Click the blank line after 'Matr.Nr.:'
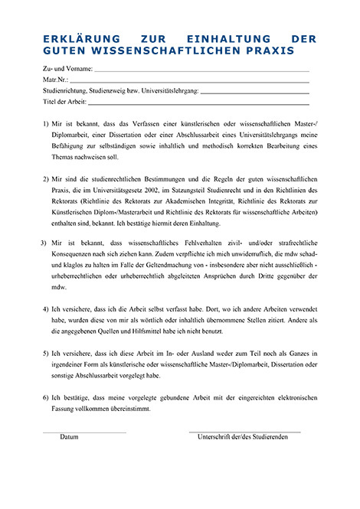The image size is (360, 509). [x=190, y=80]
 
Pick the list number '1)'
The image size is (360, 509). [x=47, y=124]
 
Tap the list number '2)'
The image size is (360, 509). [x=47, y=177]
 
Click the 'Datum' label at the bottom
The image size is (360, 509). [x=70, y=437]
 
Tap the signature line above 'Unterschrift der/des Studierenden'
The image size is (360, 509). [x=244, y=432]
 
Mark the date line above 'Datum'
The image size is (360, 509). [x=84, y=432]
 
